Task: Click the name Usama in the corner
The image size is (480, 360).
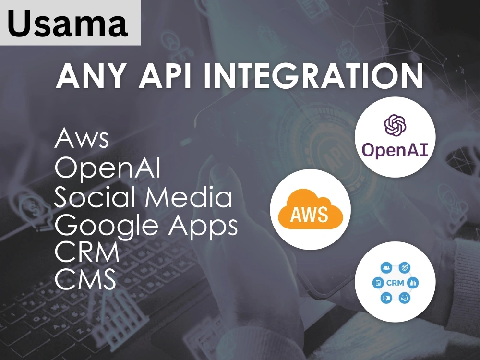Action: click(x=68, y=23)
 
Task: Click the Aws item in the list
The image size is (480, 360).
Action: click(x=82, y=138)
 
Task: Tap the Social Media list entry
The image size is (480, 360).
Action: click(x=143, y=197)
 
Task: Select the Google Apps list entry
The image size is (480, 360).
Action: click(x=146, y=226)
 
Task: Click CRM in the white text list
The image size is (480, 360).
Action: click(x=87, y=252)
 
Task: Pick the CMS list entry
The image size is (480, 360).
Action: click(x=85, y=279)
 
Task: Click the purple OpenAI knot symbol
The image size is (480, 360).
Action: click(x=395, y=125)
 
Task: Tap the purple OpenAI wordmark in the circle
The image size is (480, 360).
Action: click(x=395, y=150)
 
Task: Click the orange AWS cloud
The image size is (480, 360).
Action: click(x=311, y=209)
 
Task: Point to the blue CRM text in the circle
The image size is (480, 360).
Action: click(x=395, y=283)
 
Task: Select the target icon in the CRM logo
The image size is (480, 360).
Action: click(x=404, y=267)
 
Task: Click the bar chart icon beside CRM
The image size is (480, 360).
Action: click(x=413, y=283)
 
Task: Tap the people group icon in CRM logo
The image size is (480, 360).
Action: click(x=386, y=267)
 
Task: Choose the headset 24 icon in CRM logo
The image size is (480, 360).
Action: click(x=404, y=298)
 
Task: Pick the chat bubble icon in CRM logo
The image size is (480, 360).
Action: click(x=386, y=298)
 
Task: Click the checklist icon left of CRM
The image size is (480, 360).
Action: click(x=378, y=283)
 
